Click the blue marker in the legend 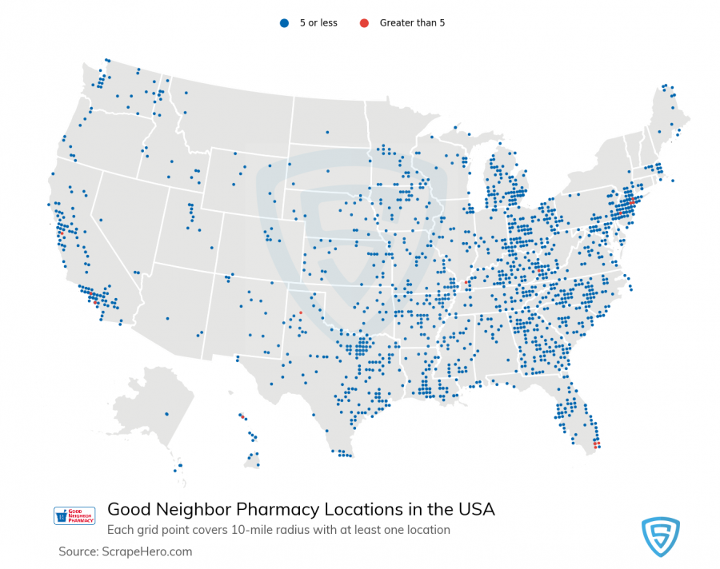[x=283, y=23]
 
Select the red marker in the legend [x=364, y=23]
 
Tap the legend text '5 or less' [x=318, y=23]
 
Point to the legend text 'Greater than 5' [x=412, y=23]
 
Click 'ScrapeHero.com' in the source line [x=147, y=551]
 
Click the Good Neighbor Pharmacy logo [x=74, y=515]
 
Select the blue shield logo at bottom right [x=660, y=536]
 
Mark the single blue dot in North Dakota [x=327, y=132]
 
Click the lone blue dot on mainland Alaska [x=166, y=413]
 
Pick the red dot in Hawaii [x=242, y=416]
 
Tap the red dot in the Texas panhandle [x=301, y=312]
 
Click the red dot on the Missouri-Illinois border [x=466, y=282]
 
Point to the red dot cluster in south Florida [x=597, y=444]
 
